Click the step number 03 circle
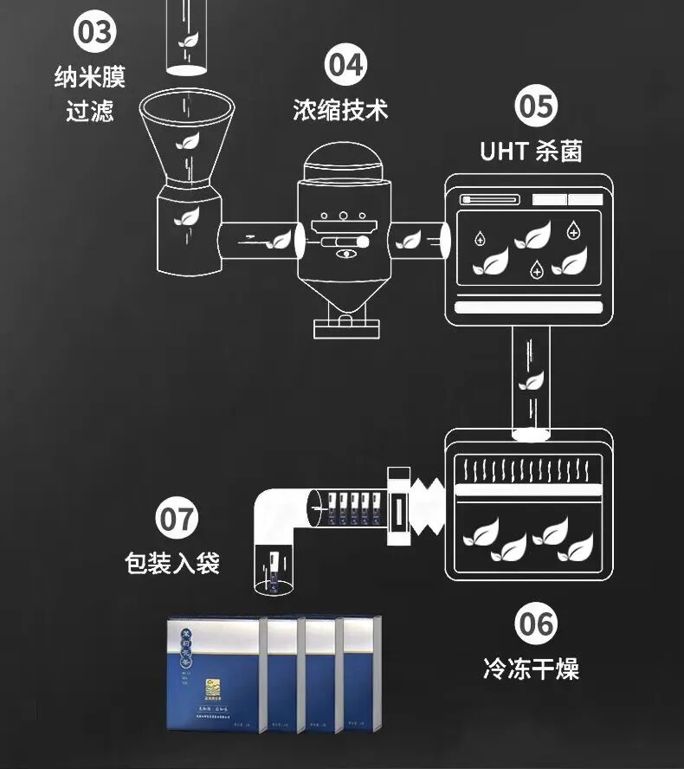94,34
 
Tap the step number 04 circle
345,66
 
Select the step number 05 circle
537,107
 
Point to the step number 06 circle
537,624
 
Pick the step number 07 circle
177,520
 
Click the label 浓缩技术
340,110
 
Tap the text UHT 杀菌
532,151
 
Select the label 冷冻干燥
531,669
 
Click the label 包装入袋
172,564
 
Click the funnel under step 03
187,139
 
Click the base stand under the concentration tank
345,326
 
